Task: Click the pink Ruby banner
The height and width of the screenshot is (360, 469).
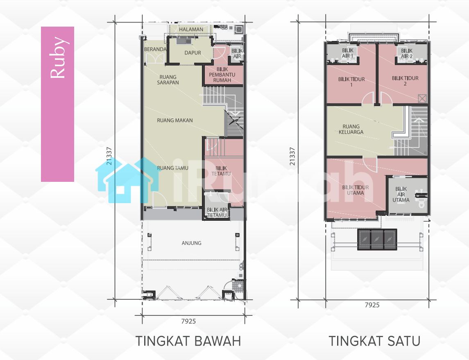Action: point(57,104)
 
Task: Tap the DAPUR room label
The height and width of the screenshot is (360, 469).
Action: point(193,52)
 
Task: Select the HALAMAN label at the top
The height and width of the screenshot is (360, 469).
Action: point(191,29)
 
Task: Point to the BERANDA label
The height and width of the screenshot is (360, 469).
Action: point(155,49)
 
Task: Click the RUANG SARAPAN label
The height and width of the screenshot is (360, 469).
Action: point(168,79)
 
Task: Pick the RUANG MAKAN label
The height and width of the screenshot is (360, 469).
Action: point(175,120)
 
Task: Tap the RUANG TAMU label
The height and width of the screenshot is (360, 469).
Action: point(172,168)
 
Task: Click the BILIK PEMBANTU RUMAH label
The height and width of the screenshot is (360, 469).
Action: point(222,75)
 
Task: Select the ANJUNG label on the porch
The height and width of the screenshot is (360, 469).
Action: point(191,243)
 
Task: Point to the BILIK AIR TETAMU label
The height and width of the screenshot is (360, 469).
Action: point(217,212)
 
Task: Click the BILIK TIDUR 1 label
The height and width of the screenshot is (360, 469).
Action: point(351,82)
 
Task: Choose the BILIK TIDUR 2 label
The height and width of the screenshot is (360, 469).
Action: point(405,81)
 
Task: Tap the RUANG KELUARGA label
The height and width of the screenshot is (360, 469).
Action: point(351,129)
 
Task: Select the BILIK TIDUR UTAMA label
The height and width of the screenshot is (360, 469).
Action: point(356,190)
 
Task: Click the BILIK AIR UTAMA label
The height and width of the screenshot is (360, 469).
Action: point(401,195)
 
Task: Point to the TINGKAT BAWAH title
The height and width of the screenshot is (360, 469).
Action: point(188,341)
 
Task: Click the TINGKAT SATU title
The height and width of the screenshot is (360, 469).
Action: point(374,341)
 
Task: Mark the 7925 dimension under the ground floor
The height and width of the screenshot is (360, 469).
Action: point(188,321)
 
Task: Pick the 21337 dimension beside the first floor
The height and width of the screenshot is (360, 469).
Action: point(292,156)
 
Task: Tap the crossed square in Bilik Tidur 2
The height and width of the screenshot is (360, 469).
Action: point(422,98)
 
